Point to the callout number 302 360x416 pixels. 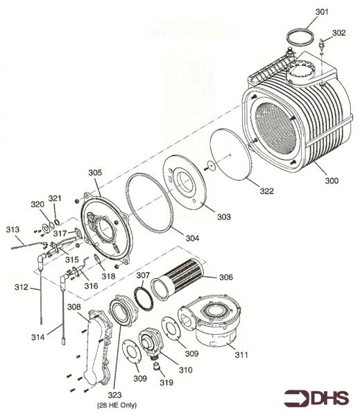click(x=338, y=33)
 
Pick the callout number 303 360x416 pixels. click(x=223, y=217)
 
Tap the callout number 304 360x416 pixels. click(x=192, y=238)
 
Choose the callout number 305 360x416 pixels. click(x=95, y=172)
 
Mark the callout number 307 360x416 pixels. click(x=142, y=276)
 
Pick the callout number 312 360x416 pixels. click(x=22, y=287)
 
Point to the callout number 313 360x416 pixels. click(x=12, y=229)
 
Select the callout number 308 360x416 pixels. click(x=74, y=306)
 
